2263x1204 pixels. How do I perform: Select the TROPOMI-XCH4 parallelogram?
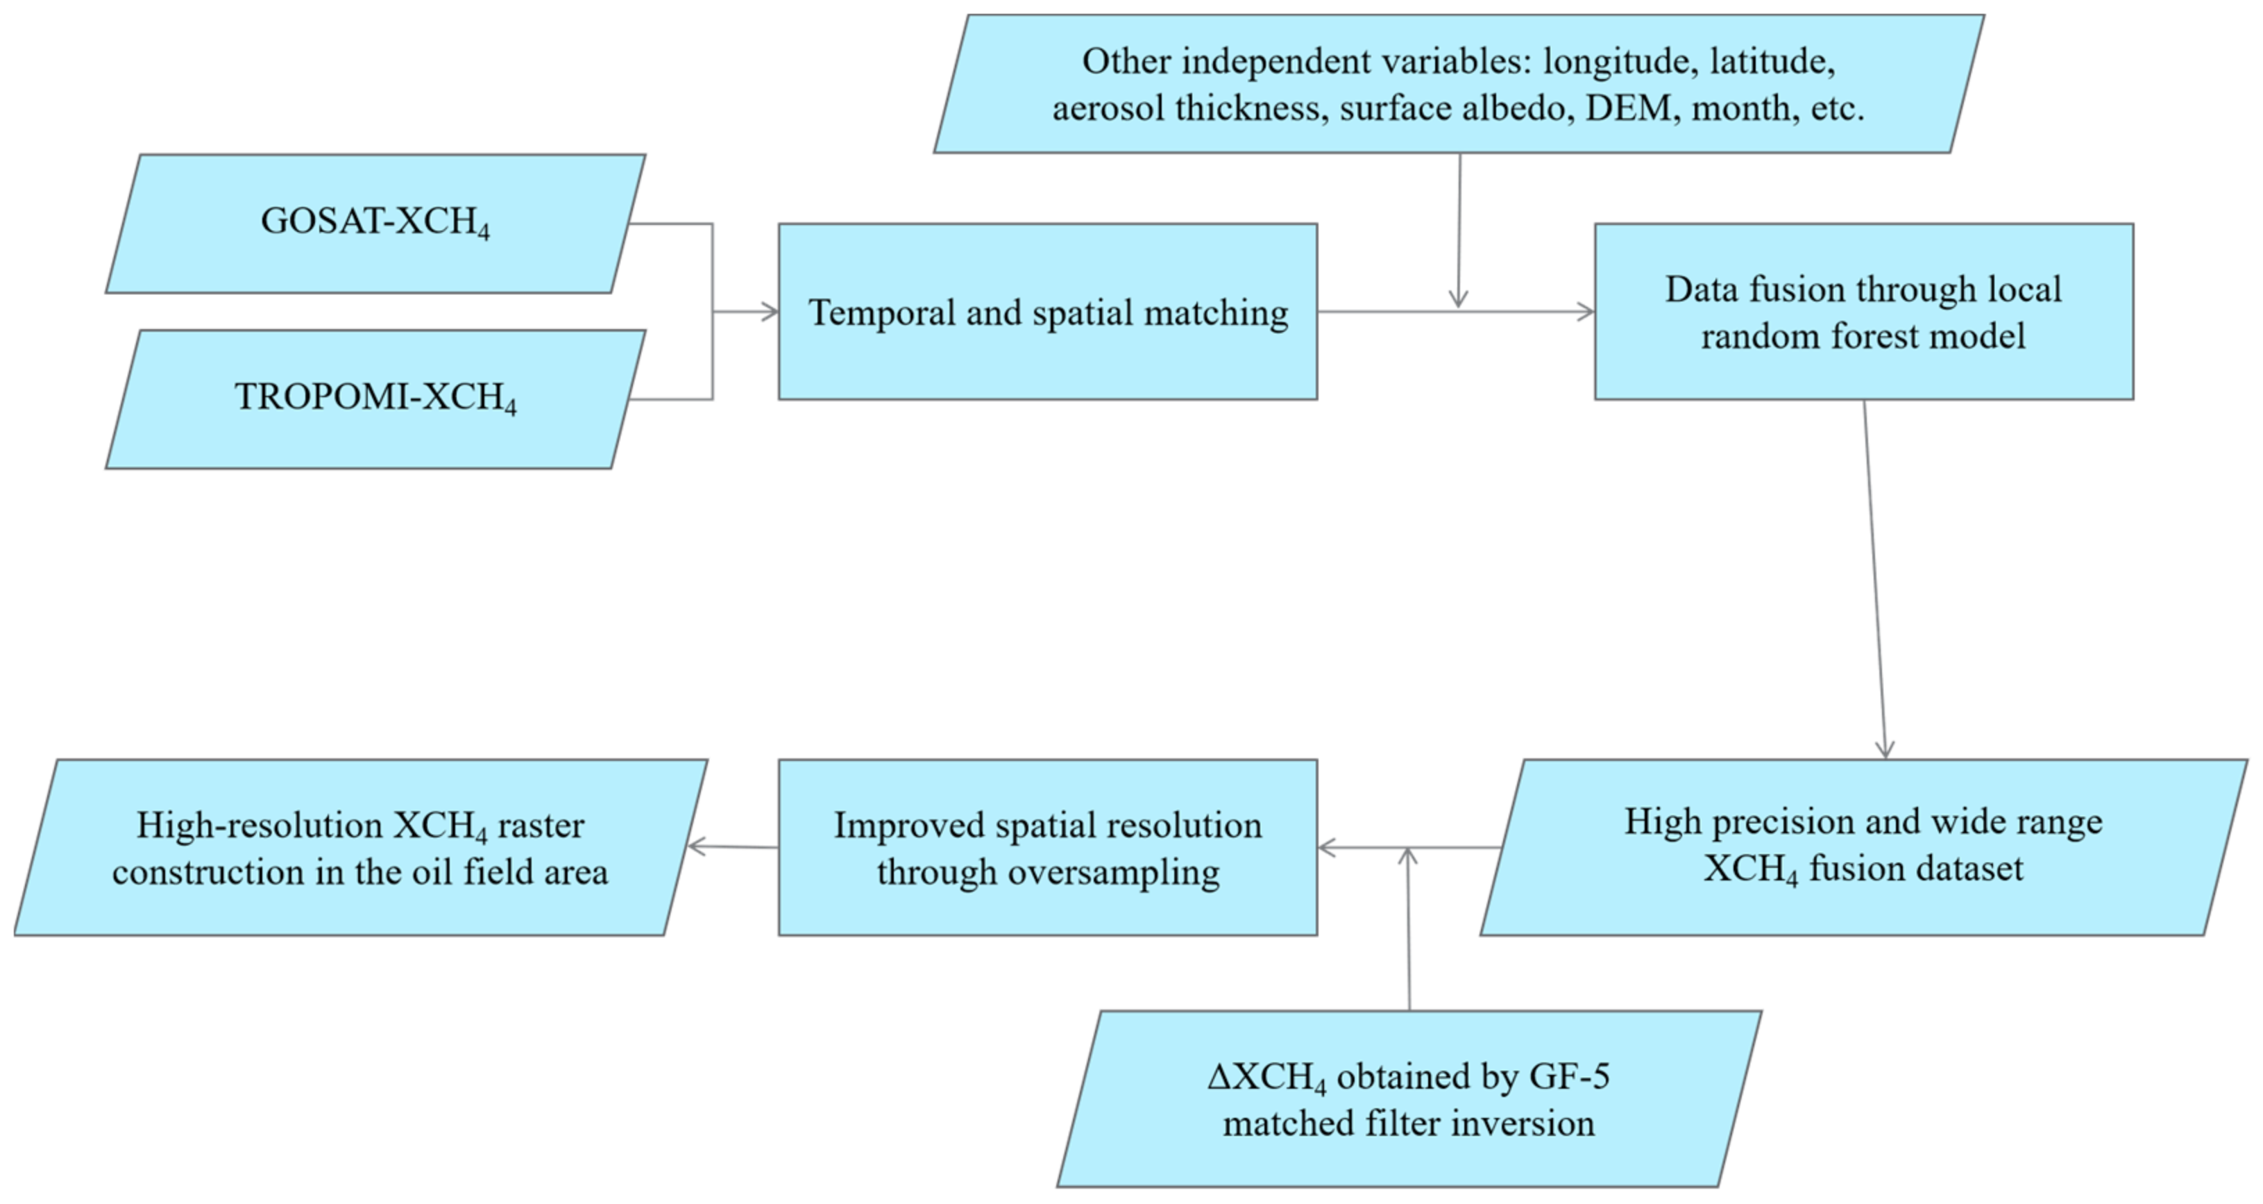pyautogui.click(x=375, y=399)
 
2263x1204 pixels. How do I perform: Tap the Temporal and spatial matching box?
pyautogui.click(x=1047, y=312)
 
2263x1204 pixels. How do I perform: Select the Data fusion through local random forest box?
pyautogui.click(x=1863, y=312)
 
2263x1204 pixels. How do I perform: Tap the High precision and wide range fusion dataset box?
pyautogui.click(x=1863, y=846)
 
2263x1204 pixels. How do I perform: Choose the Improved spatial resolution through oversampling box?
pyautogui.click(x=1047, y=847)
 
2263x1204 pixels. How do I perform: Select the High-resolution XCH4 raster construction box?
pyautogui.click(x=360, y=847)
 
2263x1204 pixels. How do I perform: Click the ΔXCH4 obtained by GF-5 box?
pyautogui.click(x=1408, y=1098)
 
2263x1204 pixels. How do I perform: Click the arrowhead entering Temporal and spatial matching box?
pyautogui.click(x=770, y=312)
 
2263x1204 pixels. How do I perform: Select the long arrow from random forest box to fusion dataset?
pyautogui.click(x=1874, y=580)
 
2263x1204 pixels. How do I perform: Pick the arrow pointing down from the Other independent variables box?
pyautogui.click(x=1459, y=228)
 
